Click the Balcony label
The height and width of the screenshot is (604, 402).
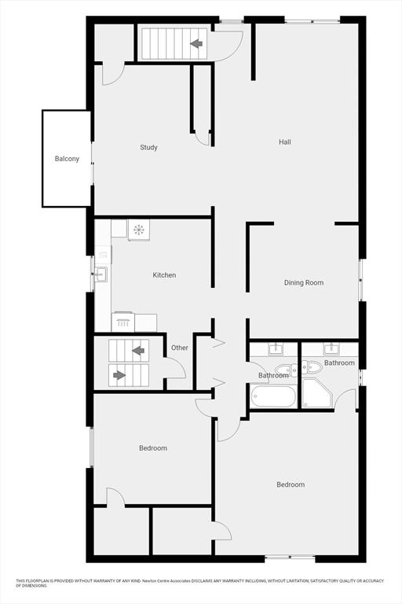coord(67,159)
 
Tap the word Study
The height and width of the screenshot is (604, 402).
coord(148,148)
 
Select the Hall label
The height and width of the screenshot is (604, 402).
coord(285,142)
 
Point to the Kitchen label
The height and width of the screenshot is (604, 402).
coord(164,275)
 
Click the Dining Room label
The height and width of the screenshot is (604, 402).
coord(304,283)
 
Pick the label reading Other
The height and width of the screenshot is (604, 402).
coord(180,348)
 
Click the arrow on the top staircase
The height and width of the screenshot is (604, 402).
coord(196,43)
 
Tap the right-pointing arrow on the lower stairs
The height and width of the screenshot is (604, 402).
coord(119,375)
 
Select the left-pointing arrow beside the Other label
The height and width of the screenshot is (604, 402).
coord(138,351)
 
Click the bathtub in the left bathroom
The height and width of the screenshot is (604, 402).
coord(273,396)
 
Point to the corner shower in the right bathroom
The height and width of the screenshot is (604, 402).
coord(316,392)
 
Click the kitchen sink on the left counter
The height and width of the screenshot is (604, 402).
coord(101,274)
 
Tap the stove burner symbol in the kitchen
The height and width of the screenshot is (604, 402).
coord(138,230)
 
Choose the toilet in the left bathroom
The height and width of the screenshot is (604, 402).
coord(287,370)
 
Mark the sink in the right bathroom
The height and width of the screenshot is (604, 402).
coord(331,349)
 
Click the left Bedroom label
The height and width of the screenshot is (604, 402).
coord(153,448)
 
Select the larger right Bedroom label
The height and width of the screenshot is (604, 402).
coord(291,484)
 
